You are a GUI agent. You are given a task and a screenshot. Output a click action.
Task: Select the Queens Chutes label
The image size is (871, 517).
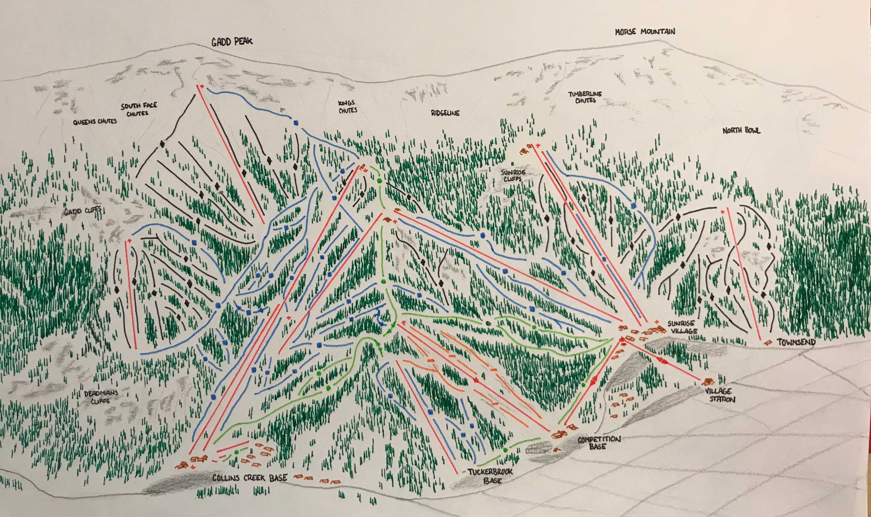click(x=95, y=122)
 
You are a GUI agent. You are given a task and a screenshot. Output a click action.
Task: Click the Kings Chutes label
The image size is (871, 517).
click(x=347, y=106)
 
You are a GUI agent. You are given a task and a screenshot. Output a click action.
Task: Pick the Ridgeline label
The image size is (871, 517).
click(x=445, y=113)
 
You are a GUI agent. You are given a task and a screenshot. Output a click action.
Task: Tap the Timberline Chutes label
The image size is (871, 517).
click(x=585, y=97)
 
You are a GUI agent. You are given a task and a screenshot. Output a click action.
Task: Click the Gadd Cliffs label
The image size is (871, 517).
click(x=83, y=211)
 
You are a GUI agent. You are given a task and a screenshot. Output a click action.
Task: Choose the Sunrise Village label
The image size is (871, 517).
click(x=682, y=327)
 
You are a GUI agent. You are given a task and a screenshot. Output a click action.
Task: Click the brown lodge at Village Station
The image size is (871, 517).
click(x=708, y=381)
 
